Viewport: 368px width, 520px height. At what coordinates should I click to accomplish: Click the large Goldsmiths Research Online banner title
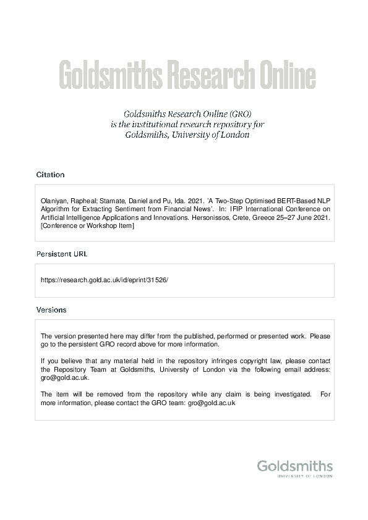click(187, 76)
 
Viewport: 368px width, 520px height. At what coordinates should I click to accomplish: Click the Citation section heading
click(50, 175)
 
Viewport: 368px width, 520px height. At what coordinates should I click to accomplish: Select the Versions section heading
click(51, 310)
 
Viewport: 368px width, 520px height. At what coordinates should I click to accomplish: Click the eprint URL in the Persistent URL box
click(104, 280)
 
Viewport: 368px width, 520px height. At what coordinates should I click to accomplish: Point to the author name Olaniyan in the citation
click(54, 201)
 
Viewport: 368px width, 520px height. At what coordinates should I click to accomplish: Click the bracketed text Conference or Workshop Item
click(87, 227)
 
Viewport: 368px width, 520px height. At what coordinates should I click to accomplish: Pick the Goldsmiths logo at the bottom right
click(294, 466)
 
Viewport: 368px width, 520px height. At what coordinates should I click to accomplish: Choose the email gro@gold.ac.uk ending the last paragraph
click(212, 403)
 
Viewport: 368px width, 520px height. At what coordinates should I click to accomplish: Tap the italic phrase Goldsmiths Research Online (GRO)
click(187, 114)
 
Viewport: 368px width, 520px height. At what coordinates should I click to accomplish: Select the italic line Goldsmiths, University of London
click(187, 135)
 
